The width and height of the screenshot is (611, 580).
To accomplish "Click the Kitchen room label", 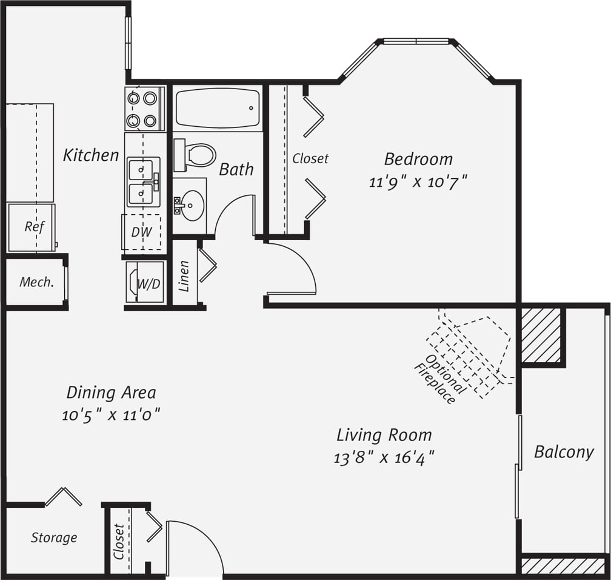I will [x=91, y=155].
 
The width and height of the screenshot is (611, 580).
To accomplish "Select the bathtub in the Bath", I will [x=218, y=109].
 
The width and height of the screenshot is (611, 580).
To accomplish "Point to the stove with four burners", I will [x=144, y=109].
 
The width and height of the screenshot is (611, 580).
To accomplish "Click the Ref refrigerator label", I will [x=35, y=226].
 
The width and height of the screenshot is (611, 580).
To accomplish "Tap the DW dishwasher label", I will [x=141, y=232].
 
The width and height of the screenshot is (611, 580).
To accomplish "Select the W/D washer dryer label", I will [x=149, y=283].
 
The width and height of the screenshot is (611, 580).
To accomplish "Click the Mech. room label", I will [x=36, y=282].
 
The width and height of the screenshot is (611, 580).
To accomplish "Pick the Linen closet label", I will [x=185, y=276].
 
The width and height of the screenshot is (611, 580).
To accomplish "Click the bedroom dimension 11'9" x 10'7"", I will [x=418, y=181].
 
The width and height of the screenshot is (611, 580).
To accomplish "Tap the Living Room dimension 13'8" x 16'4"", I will [x=384, y=457].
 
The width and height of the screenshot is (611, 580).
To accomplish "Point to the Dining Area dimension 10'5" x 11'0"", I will [x=111, y=415].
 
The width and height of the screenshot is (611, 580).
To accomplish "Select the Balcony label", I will [x=563, y=452].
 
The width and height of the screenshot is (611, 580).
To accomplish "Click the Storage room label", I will [x=54, y=538].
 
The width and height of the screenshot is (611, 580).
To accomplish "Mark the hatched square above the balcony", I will [x=541, y=336].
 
